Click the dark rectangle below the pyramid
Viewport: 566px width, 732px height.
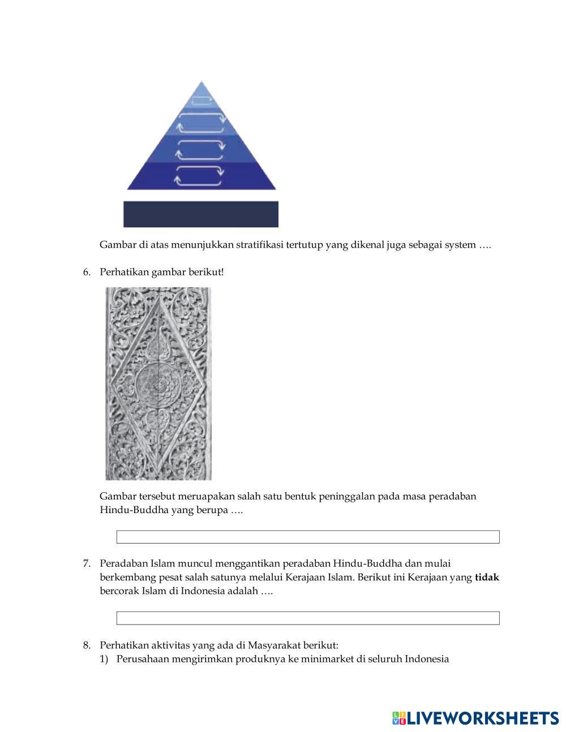click(x=201, y=214)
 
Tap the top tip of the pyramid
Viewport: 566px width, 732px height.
click(x=201, y=83)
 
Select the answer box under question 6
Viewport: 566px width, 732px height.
click(x=308, y=537)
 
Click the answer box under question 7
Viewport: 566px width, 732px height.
click(x=308, y=618)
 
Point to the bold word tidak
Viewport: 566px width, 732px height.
click(x=487, y=578)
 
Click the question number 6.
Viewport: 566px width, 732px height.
click(x=87, y=272)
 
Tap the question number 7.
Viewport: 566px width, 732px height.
click(x=87, y=563)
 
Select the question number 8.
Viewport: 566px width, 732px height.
click(x=87, y=645)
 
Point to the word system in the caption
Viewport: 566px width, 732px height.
click(x=461, y=245)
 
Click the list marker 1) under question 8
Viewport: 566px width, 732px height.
click(x=104, y=659)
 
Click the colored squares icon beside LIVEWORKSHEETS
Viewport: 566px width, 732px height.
click(x=399, y=718)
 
